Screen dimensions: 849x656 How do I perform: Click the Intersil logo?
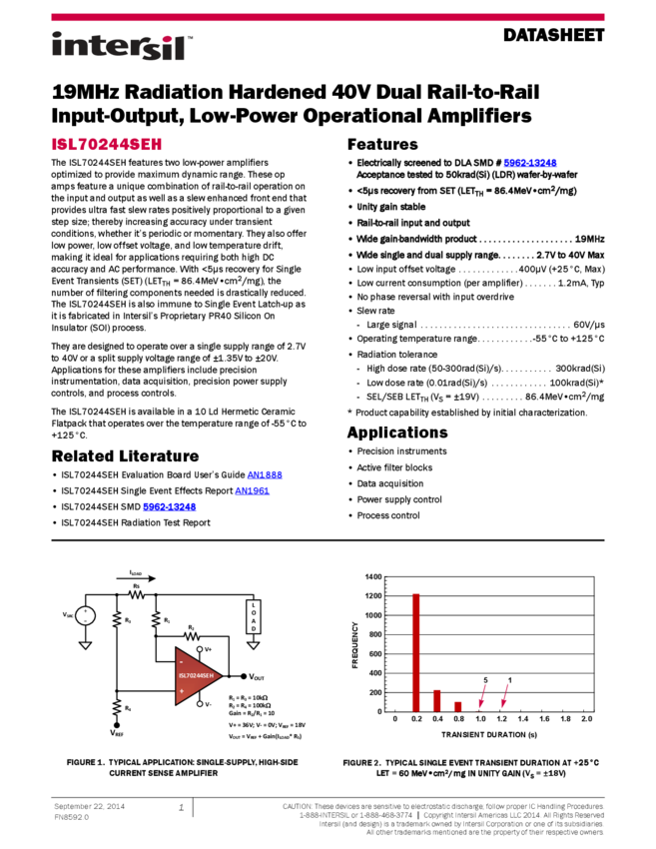(x=122, y=47)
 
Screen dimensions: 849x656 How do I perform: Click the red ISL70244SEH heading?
(x=107, y=145)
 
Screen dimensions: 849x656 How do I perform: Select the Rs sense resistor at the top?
(x=136, y=592)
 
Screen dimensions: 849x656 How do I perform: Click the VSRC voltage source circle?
(x=85, y=615)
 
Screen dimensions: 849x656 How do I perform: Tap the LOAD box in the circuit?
(x=253, y=615)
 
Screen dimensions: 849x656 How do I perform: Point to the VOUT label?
(x=257, y=677)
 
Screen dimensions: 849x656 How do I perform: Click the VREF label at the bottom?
(x=116, y=732)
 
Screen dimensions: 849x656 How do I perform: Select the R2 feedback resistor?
(x=193, y=635)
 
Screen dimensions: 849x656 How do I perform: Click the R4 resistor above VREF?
(x=117, y=707)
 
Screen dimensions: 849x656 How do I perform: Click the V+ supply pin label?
(x=207, y=649)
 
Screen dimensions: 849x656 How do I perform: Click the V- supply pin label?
(x=207, y=704)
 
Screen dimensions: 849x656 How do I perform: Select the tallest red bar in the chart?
(x=416, y=651)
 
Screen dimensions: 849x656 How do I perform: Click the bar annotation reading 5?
(x=486, y=680)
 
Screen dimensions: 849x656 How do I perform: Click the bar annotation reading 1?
(x=509, y=680)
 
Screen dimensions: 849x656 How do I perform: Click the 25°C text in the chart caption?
(x=589, y=763)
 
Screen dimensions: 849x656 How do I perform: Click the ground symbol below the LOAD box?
(x=253, y=645)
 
